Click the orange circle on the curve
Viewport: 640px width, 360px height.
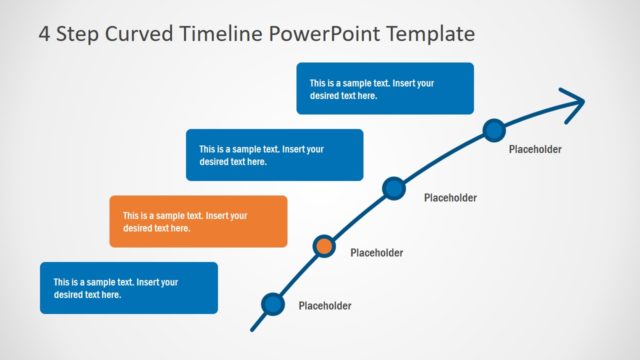pyautogui.click(x=324, y=245)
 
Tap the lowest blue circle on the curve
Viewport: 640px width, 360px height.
pyautogui.click(x=272, y=303)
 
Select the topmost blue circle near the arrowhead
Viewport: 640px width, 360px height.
pyautogui.click(x=493, y=129)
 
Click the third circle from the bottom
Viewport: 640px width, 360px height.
pyautogui.click(x=394, y=187)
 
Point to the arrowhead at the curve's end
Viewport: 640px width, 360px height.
pyautogui.click(x=575, y=102)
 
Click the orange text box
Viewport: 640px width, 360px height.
pyautogui.click(x=198, y=221)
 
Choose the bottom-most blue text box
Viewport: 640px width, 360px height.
pyautogui.click(x=129, y=288)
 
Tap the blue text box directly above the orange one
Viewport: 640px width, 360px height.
pyautogui.click(x=274, y=155)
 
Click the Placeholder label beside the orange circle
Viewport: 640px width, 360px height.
pyautogui.click(x=376, y=253)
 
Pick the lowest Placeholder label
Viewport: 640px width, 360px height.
pyautogui.click(x=325, y=307)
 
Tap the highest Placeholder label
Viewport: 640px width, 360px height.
pyautogui.click(x=535, y=150)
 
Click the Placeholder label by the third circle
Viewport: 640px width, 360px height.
pyautogui.click(x=450, y=198)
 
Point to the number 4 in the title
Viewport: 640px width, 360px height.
pyautogui.click(x=45, y=34)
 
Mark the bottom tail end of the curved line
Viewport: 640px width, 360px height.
pyautogui.click(x=252, y=328)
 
